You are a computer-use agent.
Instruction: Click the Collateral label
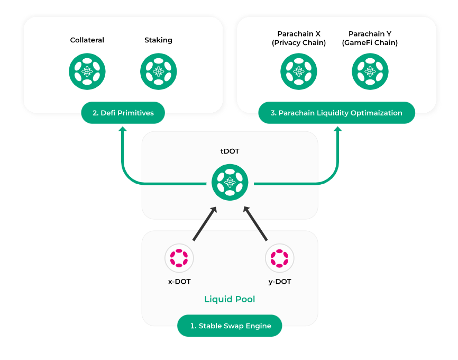tap(87, 40)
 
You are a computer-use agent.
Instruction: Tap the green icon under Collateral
tap(87, 71)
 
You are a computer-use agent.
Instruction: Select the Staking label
tap(158, 40)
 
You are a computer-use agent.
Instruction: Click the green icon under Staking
tap(158, 71)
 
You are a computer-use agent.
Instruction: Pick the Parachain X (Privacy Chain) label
tap(299, 38)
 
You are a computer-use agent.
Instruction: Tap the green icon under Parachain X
tap(299, 71)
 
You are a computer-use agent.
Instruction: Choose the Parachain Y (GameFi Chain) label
tap(370, 38)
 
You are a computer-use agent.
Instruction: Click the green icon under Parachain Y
tap(370, 71)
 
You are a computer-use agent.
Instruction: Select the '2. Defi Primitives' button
tap(123, 113)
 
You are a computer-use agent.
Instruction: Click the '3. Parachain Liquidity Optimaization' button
tap(336, 113)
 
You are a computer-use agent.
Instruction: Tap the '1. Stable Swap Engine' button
tap(230, 326)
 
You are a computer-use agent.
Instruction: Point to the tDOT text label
tap(230, 151)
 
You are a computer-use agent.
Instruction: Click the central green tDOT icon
tap(230, 182)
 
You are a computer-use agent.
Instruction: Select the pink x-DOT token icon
tap(179, 258)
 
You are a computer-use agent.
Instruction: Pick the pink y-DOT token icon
tap(279, 258)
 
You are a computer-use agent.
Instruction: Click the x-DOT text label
tap(179, 282)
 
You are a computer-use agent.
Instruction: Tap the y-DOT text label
tap(279, 282)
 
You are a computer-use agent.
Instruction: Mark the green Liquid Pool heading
tap(230, 300)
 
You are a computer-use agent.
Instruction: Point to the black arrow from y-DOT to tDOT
tap(254, 224)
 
